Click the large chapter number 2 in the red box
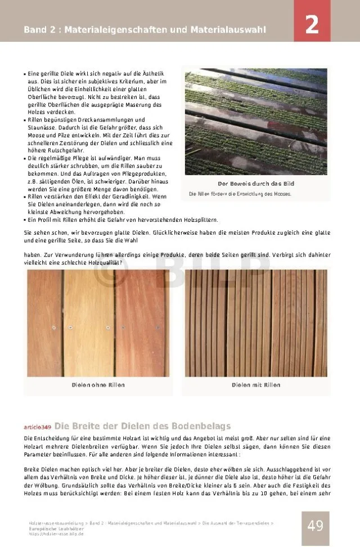312,25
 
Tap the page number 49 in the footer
315,526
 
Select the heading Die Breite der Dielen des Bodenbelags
142,426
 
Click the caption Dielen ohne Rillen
98,385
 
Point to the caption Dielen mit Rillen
256,385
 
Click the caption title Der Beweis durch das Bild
256,184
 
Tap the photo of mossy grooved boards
256,121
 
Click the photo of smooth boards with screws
98,322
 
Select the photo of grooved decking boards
256,322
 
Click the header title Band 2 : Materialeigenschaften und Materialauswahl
145,29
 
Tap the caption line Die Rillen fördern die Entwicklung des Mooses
240,194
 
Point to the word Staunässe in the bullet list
44,128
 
